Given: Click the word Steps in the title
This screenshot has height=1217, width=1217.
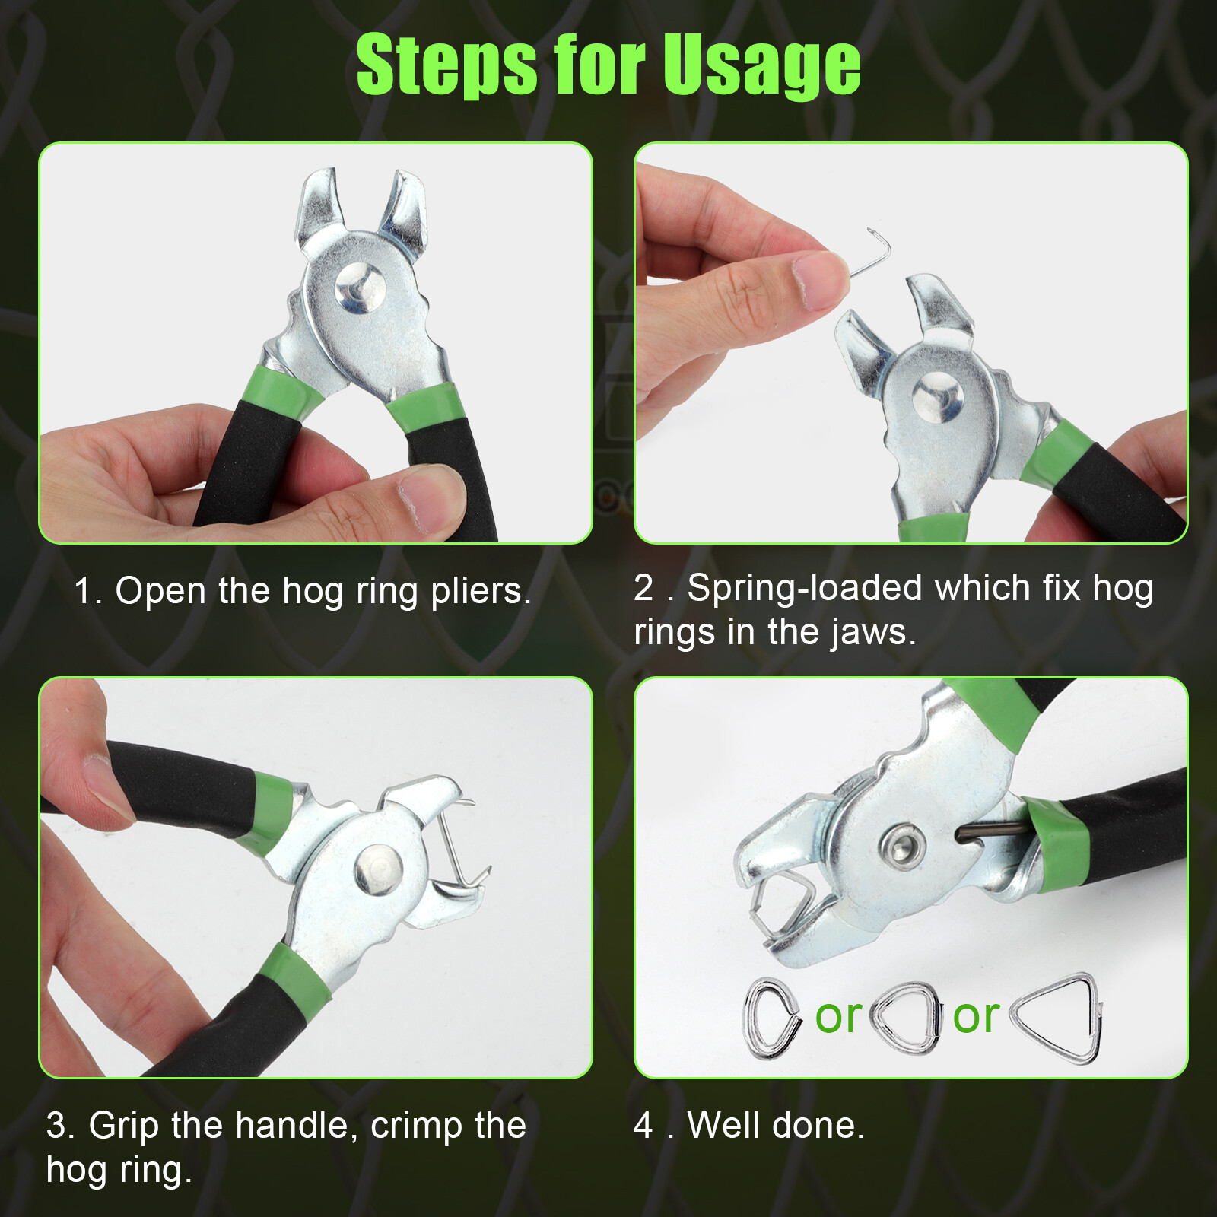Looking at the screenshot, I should pyautogui.click(x=446, y=67).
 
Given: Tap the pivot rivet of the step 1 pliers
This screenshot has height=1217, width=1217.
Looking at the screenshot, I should pyautogui.click(x=360, y=289).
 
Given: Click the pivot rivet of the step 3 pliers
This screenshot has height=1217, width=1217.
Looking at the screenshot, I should pyautogui.click(x=378, y=869).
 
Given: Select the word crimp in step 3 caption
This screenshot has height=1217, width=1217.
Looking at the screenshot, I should pyautogui.click(x=416, y=1126).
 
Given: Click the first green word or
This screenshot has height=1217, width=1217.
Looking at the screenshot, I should pyautogui.click(x=838, y=1016).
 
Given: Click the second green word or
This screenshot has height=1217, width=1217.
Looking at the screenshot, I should pyautogui.click(x=976, y=1016).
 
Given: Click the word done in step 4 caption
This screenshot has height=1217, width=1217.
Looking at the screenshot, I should pyautogui.click(x=825, y=1126).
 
